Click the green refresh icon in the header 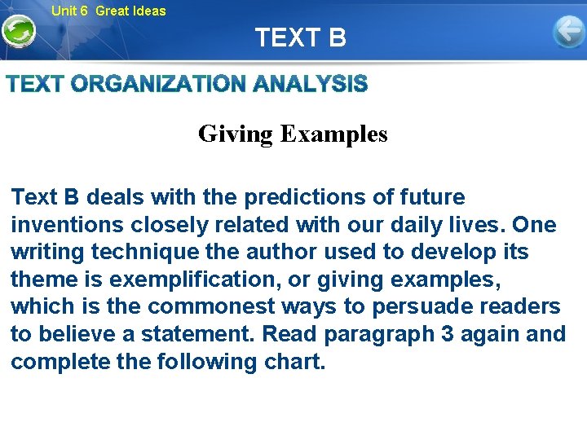tap(18, 33)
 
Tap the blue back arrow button tap(568, 33)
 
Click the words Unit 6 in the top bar tap(69, 11)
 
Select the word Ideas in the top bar tap(148, 11)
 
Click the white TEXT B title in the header tap(300, 37)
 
